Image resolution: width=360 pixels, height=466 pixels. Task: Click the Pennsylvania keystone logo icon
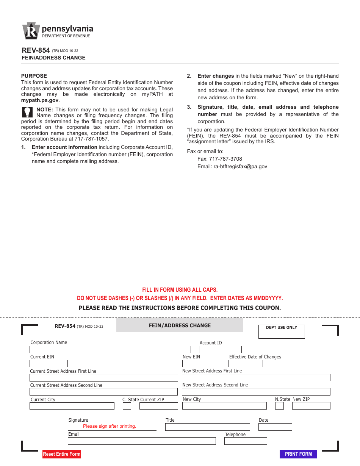point(31,31)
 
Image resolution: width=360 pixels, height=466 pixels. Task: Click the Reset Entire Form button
point(62,454)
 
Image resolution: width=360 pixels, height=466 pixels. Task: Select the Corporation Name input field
point(110,349)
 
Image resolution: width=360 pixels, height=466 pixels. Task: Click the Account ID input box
point(221,349)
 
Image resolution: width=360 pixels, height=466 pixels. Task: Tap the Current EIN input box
point(49,364)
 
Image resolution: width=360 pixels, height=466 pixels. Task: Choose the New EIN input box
point(201,364)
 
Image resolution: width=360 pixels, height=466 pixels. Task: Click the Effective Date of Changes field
point(246,364)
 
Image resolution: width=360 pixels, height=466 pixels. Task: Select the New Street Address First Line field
point(256,378)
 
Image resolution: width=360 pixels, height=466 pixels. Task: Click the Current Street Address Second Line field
point(103,392)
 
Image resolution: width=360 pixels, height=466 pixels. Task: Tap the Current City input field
point(72,406)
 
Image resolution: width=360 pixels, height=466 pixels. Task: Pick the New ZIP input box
point(311,406)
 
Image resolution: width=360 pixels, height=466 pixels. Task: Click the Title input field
point(207,427)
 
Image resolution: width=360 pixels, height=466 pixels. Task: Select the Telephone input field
point(246,441)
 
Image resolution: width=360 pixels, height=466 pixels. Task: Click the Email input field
point(142,441)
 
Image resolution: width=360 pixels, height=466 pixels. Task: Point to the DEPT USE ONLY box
point(282,332)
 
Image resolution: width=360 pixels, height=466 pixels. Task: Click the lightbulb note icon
point(27,112)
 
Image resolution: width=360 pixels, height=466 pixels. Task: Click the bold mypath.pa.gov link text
point(40,100)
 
